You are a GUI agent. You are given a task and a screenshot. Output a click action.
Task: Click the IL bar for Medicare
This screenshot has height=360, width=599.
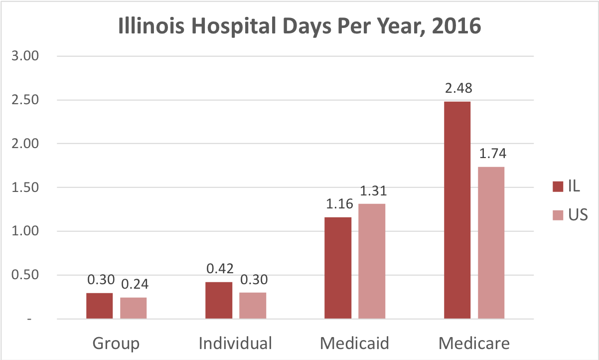[x=457, y=210]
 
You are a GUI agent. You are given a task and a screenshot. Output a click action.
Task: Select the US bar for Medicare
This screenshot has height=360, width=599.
[x=491, y=243]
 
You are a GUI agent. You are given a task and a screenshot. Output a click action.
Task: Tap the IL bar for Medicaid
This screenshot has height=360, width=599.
[x=338, y=268]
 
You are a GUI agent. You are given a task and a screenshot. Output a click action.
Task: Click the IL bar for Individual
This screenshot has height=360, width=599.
[x=219, y=300]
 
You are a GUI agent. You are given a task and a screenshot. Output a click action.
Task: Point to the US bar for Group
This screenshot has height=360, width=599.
[x=134, y=308]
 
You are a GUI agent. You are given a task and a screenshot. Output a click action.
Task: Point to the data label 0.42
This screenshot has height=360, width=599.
[x=219, y=270]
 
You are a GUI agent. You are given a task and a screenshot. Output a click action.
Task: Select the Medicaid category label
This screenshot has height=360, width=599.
[x=354, y=344]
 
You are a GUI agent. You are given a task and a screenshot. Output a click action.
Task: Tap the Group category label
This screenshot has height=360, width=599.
[x=116, y=344]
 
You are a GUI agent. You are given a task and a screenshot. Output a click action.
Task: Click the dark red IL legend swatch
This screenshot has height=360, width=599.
[x=557, y=187]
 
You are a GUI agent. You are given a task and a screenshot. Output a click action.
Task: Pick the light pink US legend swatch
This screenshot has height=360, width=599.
[x=557, y=215]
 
